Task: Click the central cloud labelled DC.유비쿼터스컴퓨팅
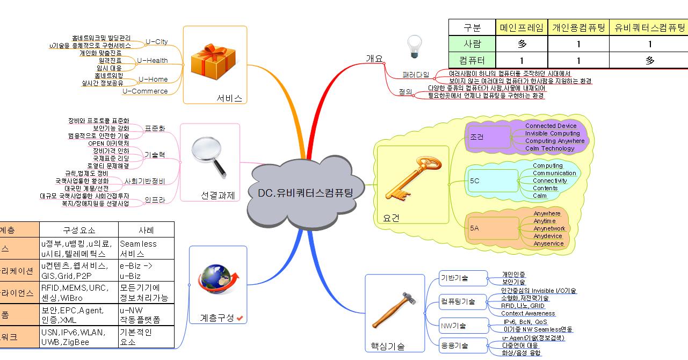click(x=305, y=193)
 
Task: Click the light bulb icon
click(x=414, y=47)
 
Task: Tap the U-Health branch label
click(x=152, y=61)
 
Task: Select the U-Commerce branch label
click(x=145, y=91)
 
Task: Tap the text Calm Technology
click(x=549, y=148)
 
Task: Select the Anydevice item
click(x=548, y=236)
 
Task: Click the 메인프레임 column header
click(x=522, y=28)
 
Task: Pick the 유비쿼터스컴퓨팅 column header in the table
click(x=649, y=28)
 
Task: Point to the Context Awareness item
click(x=528, y=313)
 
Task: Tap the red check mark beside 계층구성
click(x=240, y=319)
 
